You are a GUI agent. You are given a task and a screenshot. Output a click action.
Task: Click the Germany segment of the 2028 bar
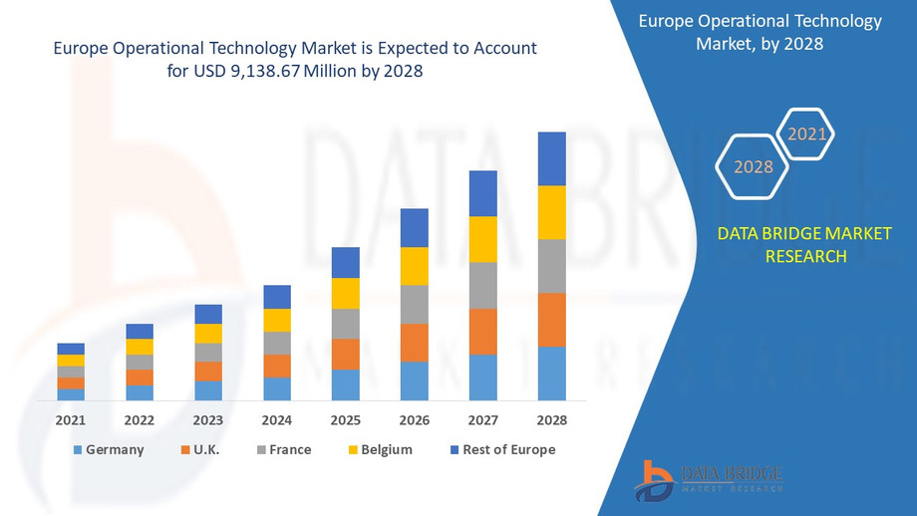click(x=551, y=374)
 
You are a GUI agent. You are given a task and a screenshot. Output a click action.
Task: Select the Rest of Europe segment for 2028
click(x=551, y=158)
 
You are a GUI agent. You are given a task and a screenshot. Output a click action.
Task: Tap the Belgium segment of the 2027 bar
click(x=482, y=239)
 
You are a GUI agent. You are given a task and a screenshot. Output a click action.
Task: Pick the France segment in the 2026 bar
click(x=414, y=304)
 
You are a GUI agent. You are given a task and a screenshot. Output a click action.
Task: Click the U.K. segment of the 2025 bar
click(x=345, y=354)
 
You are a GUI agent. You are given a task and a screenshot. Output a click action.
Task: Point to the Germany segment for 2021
click(x=71, y=394)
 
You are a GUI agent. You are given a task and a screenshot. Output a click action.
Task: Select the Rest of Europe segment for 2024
click(x=277, y=297)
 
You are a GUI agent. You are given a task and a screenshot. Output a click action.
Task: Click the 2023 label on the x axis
click(x=208, y=420)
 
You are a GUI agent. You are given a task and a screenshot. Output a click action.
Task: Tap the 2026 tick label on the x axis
click(x=414, y=420)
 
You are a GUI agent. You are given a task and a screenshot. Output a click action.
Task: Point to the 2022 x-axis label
click(x=140, y=420)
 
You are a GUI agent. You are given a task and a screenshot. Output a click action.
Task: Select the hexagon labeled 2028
click(x=754, y=166)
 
